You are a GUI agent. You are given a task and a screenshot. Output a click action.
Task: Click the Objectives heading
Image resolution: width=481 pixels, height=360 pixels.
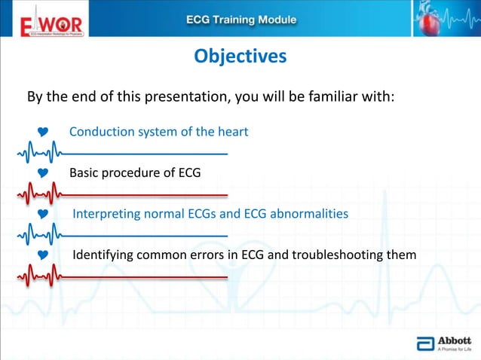[240, 57]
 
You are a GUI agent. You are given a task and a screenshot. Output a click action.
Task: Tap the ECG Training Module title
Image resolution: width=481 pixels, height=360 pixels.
[240, 20]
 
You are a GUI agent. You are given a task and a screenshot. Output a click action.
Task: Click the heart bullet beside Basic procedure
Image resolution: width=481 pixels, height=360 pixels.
[43, 173]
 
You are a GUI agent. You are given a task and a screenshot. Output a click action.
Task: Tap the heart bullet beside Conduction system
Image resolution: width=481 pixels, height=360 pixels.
[43, 133]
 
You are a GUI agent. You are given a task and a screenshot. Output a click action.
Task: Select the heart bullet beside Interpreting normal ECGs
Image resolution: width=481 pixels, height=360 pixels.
[43, 215]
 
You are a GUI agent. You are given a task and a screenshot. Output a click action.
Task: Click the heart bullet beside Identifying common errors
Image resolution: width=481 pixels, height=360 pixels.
[43, 255]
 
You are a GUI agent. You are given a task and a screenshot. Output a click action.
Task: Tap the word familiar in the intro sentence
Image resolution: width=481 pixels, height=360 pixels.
[329, 98]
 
